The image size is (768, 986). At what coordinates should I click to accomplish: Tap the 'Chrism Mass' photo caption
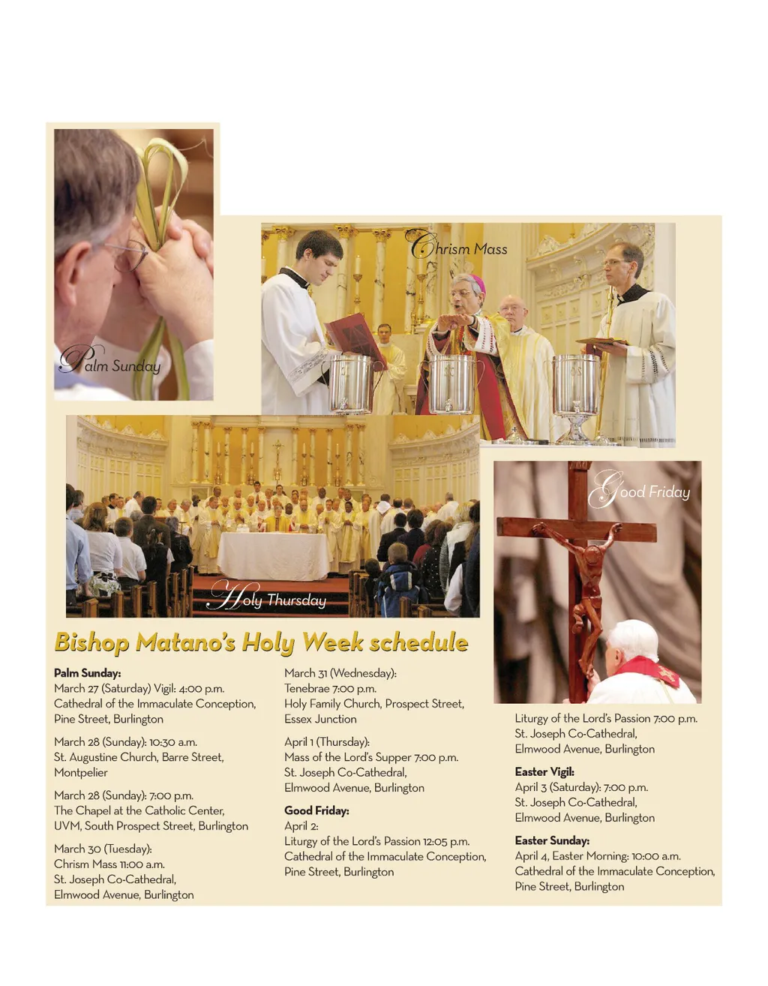coord(457,247)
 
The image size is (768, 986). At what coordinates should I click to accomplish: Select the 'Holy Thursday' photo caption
coord(268,597)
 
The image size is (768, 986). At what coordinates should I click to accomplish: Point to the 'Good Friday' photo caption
coord(640,491)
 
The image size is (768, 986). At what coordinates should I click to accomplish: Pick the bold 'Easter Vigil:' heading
coord(544,771)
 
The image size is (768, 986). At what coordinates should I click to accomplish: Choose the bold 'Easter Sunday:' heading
coord(552,840)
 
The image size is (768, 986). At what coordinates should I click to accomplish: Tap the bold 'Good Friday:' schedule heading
coord(316,810)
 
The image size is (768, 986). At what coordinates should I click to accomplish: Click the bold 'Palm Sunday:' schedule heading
coord(87,673)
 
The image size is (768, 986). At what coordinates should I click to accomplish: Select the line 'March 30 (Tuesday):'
coord(103,849)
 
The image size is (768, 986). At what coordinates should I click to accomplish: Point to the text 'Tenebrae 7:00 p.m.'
coord(330,688)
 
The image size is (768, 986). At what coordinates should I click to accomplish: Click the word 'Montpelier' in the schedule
coord(81,772)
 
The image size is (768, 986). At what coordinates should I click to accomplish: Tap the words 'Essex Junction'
coord(320,719)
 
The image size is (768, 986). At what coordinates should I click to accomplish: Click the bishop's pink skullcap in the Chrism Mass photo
coord(477,282)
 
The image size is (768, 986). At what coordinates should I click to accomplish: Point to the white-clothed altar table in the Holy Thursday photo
coord(273,555)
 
